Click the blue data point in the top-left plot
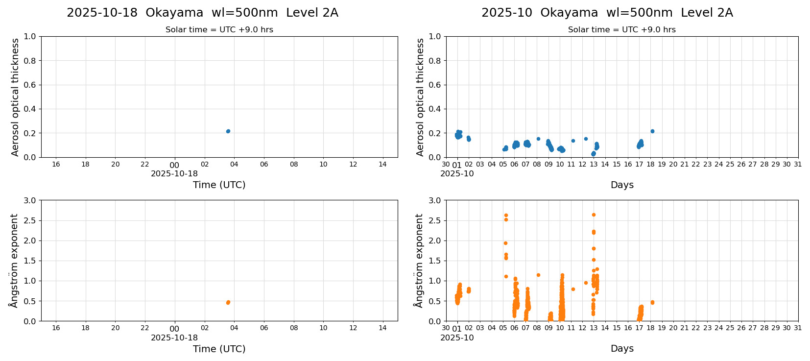point(228,131)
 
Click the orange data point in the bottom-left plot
point(228,302)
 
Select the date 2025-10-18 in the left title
point(102,13)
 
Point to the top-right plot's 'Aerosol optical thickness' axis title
point(420,97)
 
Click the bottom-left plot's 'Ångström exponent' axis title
point(14,261)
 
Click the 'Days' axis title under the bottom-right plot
point(622,349)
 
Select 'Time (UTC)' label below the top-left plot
point(219,185)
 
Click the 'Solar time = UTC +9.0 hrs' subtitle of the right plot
point(621,30)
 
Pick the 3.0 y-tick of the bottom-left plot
point(29,200)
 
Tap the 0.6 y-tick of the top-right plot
point(434,85)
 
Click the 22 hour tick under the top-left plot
point(145,164)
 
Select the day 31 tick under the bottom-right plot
point(798,328)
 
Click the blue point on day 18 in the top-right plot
point(652,131)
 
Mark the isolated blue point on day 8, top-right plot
point(538,139)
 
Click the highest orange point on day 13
point(594,215)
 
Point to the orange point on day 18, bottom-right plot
point(652,302)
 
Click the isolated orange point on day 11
point(573,289)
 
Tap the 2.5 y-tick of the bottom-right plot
point(434,220)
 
